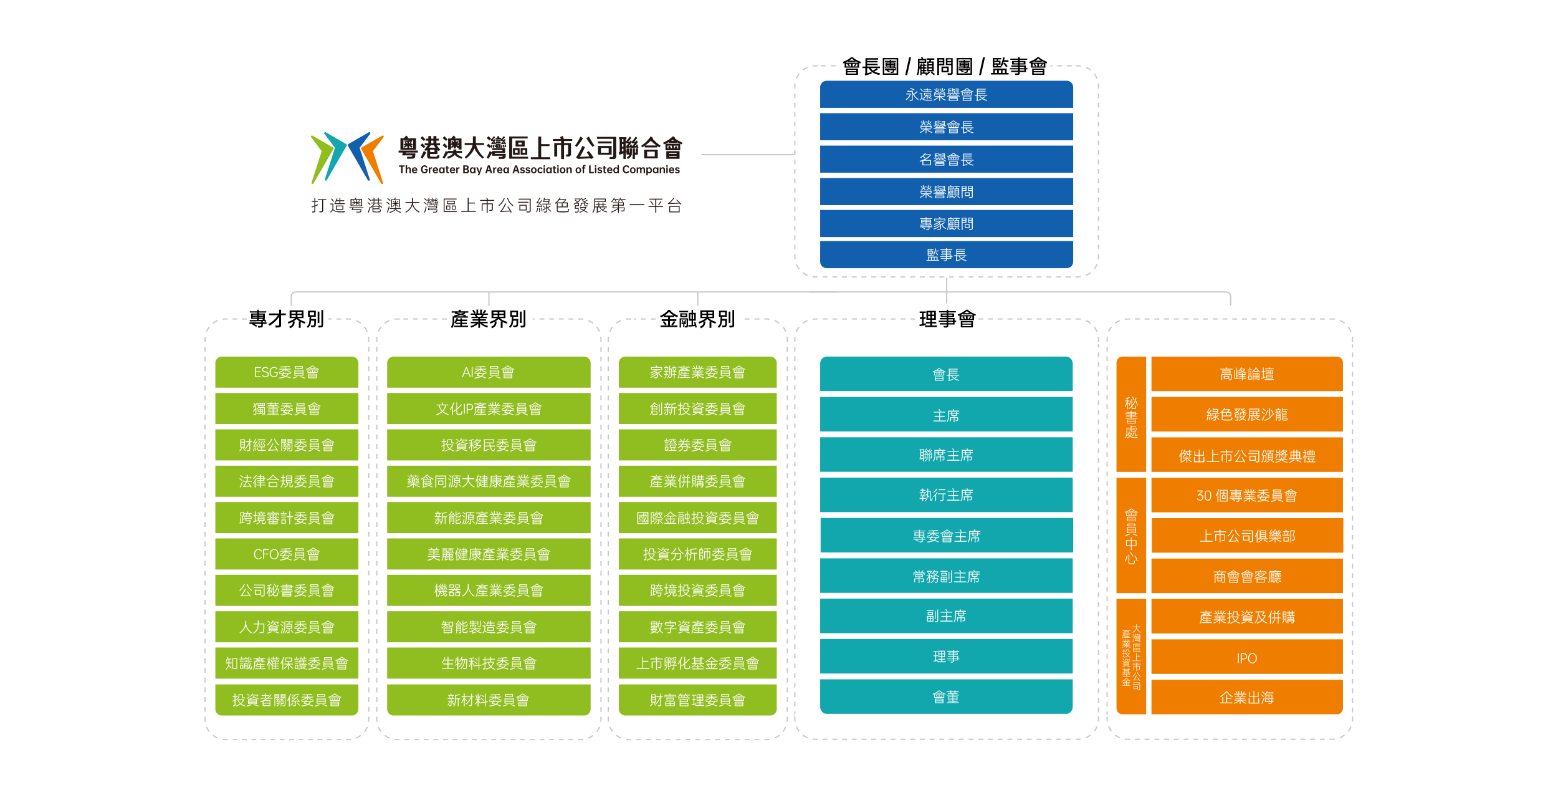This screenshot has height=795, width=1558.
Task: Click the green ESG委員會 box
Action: pos(286,372)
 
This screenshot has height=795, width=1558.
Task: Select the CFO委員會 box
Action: pos(286,554)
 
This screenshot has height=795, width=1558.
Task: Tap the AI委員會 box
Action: pos(488,372)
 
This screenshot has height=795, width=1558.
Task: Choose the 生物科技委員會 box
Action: pos(488,663)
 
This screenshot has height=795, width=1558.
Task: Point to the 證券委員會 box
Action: pos(697,445)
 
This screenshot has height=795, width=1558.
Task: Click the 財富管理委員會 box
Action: pos(697,700)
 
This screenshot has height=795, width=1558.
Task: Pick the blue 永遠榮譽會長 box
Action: pos(946,95)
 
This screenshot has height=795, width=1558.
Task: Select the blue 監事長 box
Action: pos(946,255)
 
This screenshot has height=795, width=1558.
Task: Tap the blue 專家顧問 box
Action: pos(946,224)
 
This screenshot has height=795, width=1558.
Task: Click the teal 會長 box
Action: pos(946,375)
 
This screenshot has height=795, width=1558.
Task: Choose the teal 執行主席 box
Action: pos(946,495)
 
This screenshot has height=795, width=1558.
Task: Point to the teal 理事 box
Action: pos(946,657)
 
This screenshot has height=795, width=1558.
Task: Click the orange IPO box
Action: pos(1246,658)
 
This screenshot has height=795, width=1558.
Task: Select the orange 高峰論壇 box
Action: pos(1246,374)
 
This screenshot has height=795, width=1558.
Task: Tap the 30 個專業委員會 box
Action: pos(1246,496)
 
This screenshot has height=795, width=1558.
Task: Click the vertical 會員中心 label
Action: pos(1131,536)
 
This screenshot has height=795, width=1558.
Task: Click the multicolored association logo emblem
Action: pos(347,158)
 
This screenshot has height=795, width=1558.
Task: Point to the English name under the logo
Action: pos(539,170)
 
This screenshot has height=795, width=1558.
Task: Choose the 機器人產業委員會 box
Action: pos(488,590)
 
